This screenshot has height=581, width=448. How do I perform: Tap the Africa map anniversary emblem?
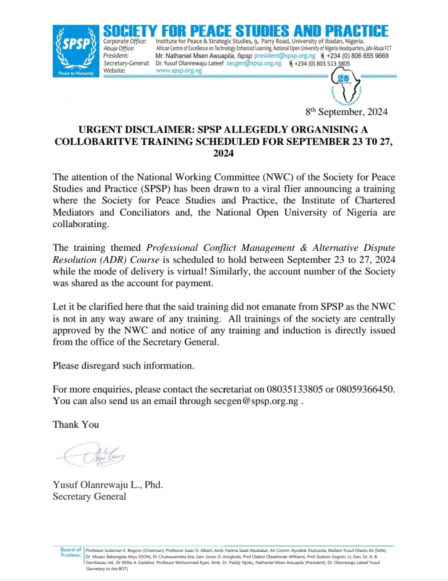click(x=346, y=87)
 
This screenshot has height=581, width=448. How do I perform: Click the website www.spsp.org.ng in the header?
click(x=179, y=70)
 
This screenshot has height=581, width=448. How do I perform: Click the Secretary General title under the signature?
click(x=90, y=497)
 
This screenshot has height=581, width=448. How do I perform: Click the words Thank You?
click(x=76, y=424)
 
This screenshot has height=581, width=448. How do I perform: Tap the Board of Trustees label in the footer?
click(x=71, y=552)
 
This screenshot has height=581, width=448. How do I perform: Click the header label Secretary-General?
click(x=125, y=63)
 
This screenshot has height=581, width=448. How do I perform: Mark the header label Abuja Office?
click(x=121, y=48)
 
